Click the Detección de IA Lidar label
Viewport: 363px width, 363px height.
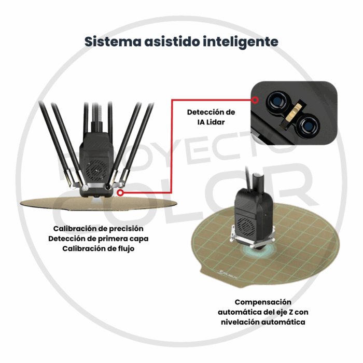click(x=211, y=117)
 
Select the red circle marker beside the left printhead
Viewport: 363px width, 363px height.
click(x=120, y=193)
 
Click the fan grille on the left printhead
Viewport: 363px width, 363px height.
click(x=96, y=169)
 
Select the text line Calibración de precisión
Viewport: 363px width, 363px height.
click(x=98, y=228)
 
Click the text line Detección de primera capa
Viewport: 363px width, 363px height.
click(x=98, y=239)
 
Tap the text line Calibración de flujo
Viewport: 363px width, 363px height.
click(x=98, y=249)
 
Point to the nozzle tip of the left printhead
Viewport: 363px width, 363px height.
click(x=97, y=197)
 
